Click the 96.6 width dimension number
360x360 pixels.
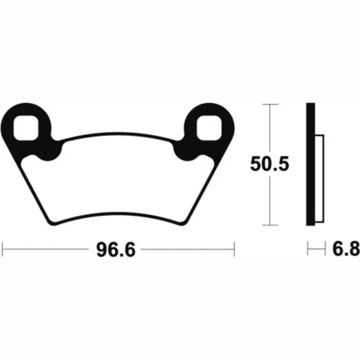pos(116,250)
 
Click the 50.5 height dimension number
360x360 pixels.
pos(269,164)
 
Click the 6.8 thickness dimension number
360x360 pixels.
pos(346,249)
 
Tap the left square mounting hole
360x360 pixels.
pos(26,128)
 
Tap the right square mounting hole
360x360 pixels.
pos(209,128)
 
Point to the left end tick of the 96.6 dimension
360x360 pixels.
pos(2,249)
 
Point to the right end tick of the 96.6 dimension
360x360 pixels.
pos(234,249)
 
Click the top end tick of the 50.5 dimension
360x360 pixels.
pos(270,105)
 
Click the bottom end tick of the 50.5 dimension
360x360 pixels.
pos(270,225)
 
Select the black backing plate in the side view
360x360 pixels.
pos(311,164)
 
